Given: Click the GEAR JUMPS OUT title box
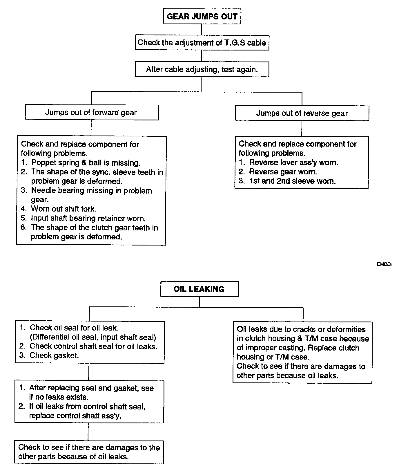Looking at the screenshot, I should click(x=202, y=17).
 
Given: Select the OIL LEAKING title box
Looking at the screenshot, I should click(x=199, y=289).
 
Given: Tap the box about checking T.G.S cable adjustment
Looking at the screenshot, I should click(x=202, y=43).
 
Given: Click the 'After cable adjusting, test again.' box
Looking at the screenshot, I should click(x=202, y=70).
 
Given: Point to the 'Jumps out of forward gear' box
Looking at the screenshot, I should click(x=92, y=113).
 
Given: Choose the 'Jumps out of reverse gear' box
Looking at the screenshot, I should click(x=302, y=113).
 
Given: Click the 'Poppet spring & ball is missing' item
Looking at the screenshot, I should click(x=86, y=163).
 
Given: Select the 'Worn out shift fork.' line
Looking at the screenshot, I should click(x=64, y=209).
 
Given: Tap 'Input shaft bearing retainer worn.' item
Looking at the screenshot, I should click(x=88, y=218).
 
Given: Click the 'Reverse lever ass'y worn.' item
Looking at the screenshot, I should click(x=293, y=163).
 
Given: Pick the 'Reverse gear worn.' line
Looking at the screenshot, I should click(x=283, y=172).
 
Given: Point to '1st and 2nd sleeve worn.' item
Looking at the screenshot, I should click(x=292, y=181).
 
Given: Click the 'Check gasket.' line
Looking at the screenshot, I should click(x=54, y=355).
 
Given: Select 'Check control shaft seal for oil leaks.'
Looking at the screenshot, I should click(x=93, y=346).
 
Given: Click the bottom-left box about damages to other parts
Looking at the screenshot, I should click(x=89, y=452).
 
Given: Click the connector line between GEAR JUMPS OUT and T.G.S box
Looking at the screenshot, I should click(x=202, y=29).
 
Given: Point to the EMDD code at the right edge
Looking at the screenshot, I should click(x=384, y=265).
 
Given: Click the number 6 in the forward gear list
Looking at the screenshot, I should click(x=23, y=227).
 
